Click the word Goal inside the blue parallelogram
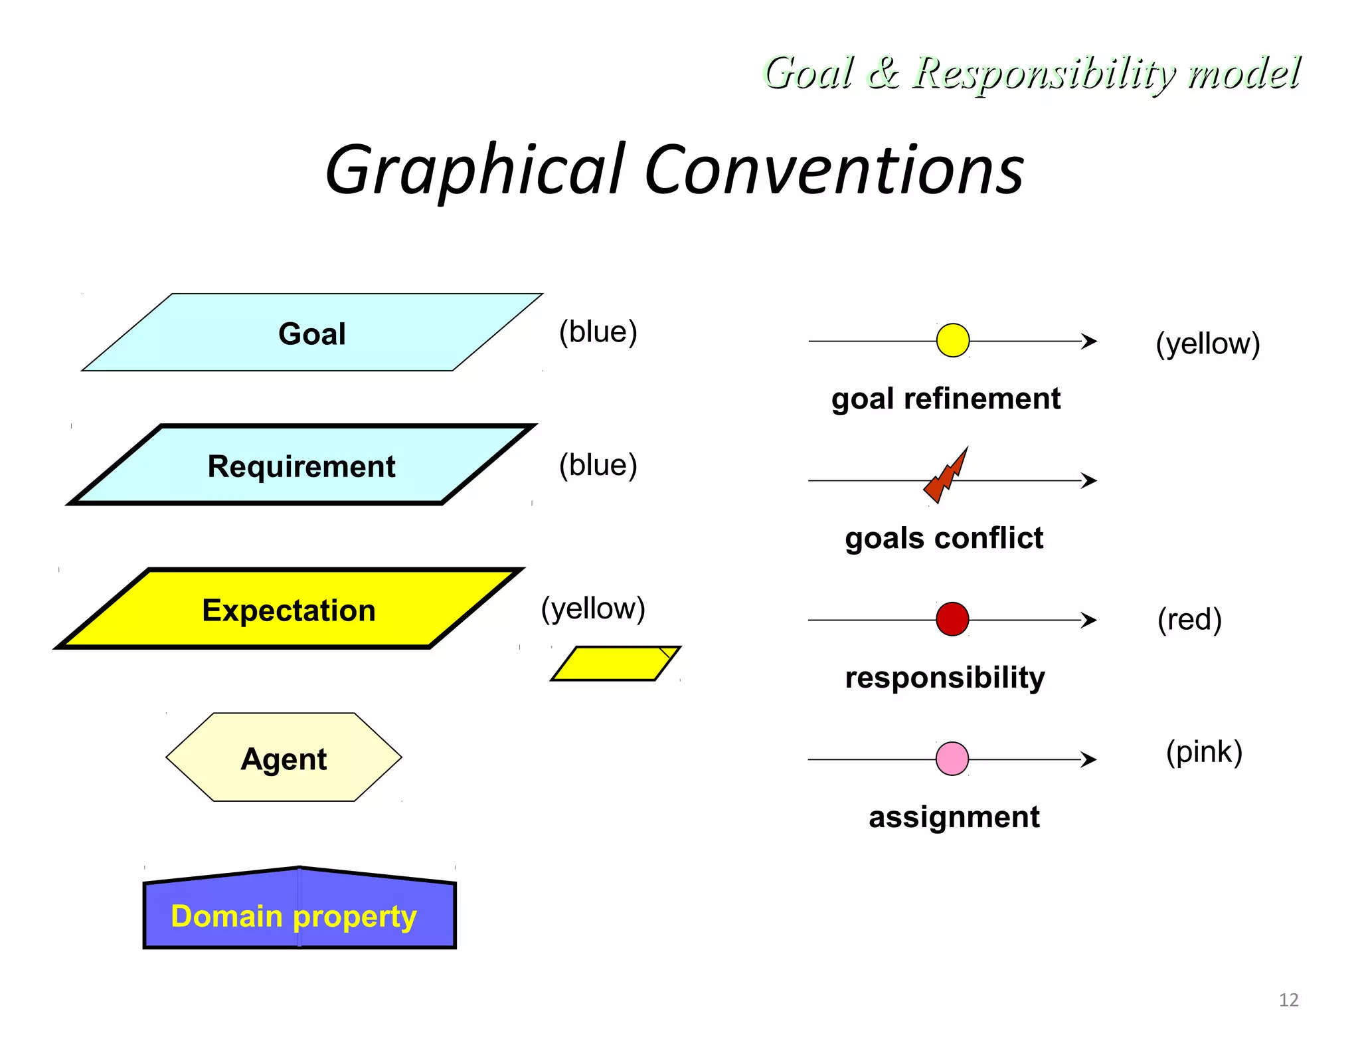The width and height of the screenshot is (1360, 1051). [x=311, y=334]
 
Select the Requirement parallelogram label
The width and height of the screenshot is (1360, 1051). [x=301, y=466]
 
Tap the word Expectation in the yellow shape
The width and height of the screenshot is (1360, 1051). [x=288, y=610]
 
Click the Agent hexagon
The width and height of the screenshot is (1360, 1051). [x=284, y=758]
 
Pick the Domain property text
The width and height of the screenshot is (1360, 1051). [x=294, y=915]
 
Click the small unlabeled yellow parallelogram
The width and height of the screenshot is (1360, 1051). [x=615, y=664]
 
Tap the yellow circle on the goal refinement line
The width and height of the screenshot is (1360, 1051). [x=952, y=340]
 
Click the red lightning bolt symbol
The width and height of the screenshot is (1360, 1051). [x=946, y=476]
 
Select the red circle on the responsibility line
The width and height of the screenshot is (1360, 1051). [x=952, y=619]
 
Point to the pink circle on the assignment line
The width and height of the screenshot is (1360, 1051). [x=952, y=759]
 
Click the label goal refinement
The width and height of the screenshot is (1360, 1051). [x=945, y=399]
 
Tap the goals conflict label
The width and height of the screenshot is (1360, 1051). [x=944, y=538]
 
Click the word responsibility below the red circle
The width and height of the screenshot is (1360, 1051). [x=944, y=678]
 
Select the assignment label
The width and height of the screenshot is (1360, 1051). [x=954, y=817]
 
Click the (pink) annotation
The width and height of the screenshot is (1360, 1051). [x=1203, y=752]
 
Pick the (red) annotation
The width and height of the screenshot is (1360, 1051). [x=1189, y=619]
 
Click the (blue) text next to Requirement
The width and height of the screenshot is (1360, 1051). [x=598, y=465]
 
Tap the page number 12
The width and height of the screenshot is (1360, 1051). [x=1288, y=1000]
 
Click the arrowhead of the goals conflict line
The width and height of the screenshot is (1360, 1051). [x=1089, y=480]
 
